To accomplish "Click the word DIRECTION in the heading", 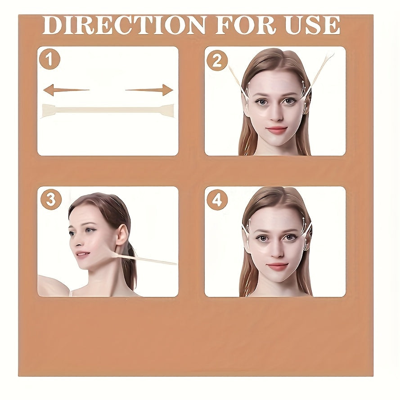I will pyautogui.click(x=124, y=25).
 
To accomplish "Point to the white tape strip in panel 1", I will pyautogui.click(x=108, y=110).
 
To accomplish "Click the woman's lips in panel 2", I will pyautogui.click(x=276, y=130).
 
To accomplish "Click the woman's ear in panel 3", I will pyautogui.click(x=121, y=235).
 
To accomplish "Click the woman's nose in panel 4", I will pyautogui.click(x=276, y=252).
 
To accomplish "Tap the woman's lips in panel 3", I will pyautogui.click(x=81, y=255).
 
